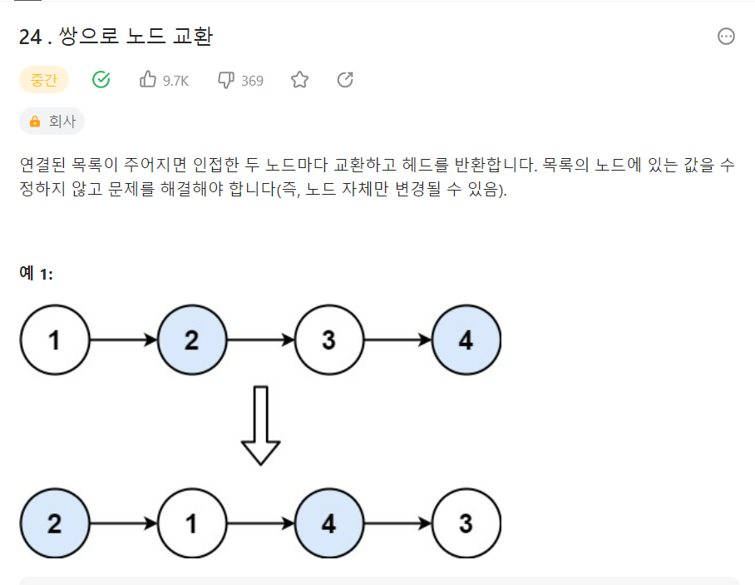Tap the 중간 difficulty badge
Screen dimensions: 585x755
43,80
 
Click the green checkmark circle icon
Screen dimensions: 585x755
101,80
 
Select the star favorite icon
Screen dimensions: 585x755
299,80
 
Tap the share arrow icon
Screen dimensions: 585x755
345,80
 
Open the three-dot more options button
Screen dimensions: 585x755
726,37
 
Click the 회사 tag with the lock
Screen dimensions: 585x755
52,121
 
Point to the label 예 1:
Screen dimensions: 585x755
36,273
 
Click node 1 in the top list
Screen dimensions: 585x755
54,340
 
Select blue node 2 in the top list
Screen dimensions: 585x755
191,340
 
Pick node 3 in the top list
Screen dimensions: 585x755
328,340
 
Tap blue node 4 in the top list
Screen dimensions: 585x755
466,340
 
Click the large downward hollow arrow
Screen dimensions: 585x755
260,425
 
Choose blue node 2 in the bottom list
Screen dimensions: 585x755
54,523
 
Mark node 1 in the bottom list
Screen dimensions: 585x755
191,523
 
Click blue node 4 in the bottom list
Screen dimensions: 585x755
328,523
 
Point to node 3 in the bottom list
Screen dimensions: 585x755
466,523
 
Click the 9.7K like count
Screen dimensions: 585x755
175,81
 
